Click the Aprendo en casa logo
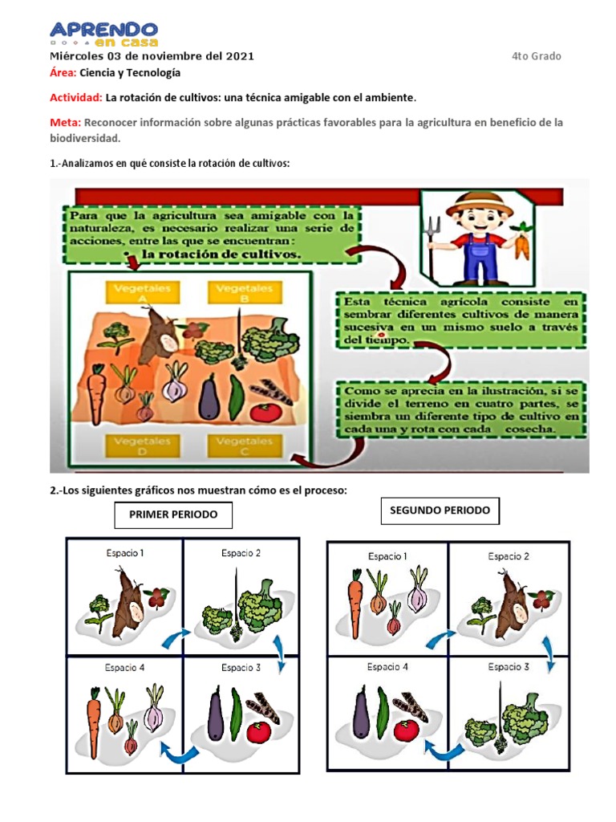pyautogui.click(x=104, y=33)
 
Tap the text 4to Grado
pyautogui.click(x=537, y=56)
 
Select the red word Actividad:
pyautogui.click(x=75, y=97)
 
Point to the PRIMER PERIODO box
pyautogui.click(x=172, y=515)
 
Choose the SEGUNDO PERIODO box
pyautogui.click(x=439, y=511)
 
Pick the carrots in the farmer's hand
pyautogui.click(x=522, y=242)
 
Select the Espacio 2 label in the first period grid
pyautogui.click(x=241, y=553)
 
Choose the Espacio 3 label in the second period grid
pyautogui.click(x=509, y=666)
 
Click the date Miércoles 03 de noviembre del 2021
pyautogui.click(x=152, y=56)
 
